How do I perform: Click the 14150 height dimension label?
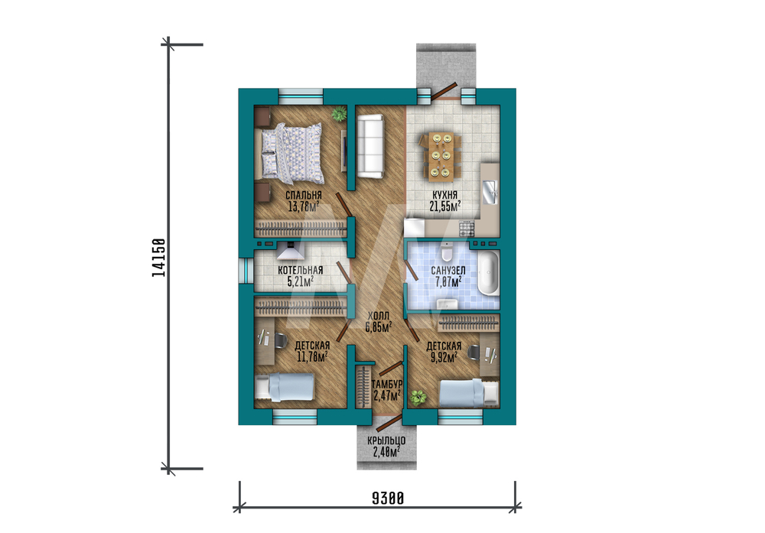click(x=158, y=258)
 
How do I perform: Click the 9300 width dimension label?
click(x=388, y=499)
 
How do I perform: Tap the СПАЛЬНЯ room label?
click(x=304, y=196)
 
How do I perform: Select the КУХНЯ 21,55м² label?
click(x=445, y=200)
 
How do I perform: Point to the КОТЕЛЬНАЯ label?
click(x=300, y=270)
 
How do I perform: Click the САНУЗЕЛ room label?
click(x=448, y=270)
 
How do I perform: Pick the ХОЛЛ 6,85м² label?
click(x=379, y=322)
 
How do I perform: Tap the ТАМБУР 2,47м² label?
click(x=387, y=390)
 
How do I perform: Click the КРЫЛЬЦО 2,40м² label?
click(x=386, y=447)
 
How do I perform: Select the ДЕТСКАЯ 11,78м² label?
click(x=312, y=351)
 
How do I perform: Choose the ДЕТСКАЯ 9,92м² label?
click(x=444, y=352)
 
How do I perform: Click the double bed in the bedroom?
click(x=291, y=150)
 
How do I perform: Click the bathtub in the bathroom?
click(x=488, y=273)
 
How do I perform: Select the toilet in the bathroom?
click(x=447, y=252)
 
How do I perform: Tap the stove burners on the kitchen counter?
click(x=466, y=227)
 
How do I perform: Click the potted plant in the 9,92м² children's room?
click(x=417, y=397)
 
